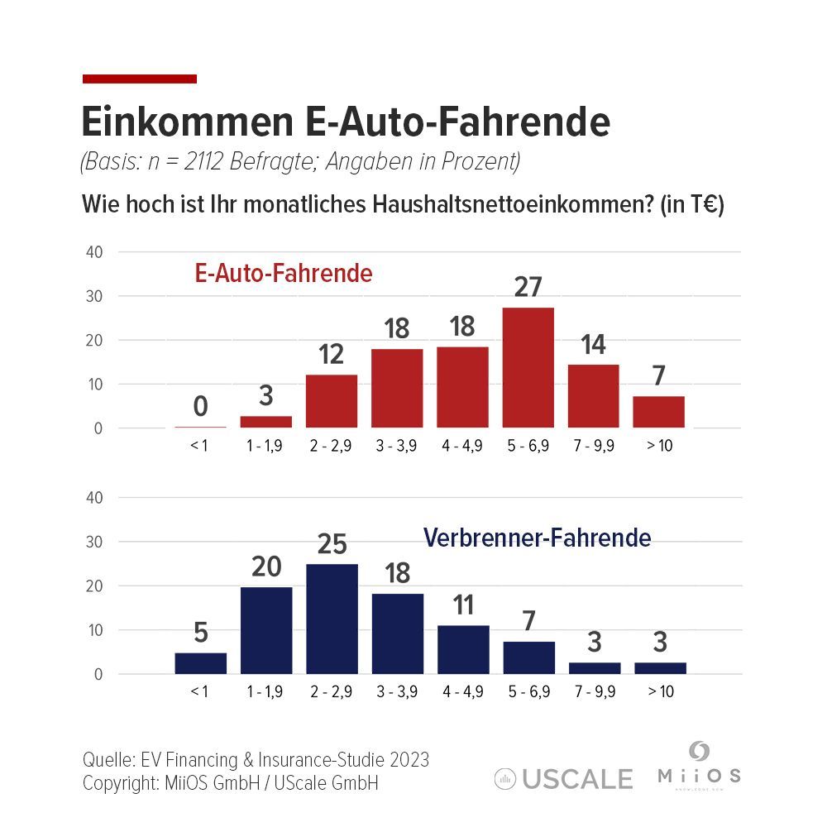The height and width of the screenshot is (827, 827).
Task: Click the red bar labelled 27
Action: coord(528,367)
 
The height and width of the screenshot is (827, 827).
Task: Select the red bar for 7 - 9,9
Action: coord(593,395)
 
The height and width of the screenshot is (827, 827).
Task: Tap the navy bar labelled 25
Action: coord(332,619)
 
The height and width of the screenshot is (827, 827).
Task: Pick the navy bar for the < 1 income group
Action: coord(200,663)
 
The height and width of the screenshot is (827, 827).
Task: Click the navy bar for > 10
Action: coord(660,668)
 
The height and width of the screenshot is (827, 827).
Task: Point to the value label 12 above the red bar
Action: coord(331,356)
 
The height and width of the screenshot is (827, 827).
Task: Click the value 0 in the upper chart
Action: coord(200,407)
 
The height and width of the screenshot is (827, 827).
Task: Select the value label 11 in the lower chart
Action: coord(463,605)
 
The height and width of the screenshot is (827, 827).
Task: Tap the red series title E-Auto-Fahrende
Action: coord(284,274)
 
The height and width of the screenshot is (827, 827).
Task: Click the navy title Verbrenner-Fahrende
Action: coord(537,538)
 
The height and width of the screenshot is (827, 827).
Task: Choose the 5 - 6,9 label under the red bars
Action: coord(528,446)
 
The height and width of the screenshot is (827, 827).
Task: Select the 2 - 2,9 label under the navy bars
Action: coord(332,692)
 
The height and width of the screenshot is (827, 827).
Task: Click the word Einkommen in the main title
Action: coord(182,122)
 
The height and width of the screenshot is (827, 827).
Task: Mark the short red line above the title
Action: coord(140,79)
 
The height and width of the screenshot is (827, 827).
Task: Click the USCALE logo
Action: coord(564,778)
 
